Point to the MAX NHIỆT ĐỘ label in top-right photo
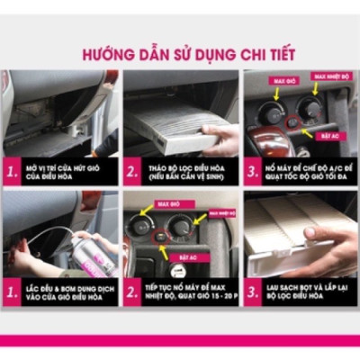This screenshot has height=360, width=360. coord(330,77)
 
